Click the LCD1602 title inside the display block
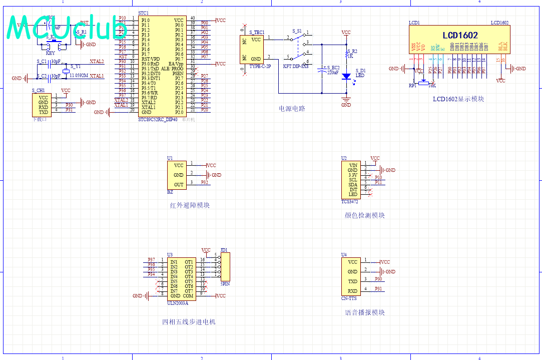pyautogui.click(x=460, y=36)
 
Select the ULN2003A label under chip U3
pyautogui.click(x=177, y=303)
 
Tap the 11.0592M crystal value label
pyautogui.click(x=79, y=76)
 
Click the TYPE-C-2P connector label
pyautogui.click(x=260, y=66)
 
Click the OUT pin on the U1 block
pyautogui.click(x=179, y=185)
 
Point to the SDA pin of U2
pyautogui.click(x=353, y=185)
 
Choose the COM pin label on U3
pyautogui.click(x=188, y=296)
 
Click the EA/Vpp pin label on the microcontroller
pyautogui.click(x=176, y=64)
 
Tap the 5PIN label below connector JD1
pyautogui.click(x=225, y=283)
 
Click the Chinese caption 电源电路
pyautogui.click(x=292, y=109)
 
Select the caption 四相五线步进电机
pyautogui.click(x=189, y=322)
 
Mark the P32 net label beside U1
pyautogui.click(x=205, y=183)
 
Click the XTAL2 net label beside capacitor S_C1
pyautogui.click(x=97, y=62)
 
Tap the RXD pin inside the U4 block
pyautogui.click(x=353, y=291)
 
